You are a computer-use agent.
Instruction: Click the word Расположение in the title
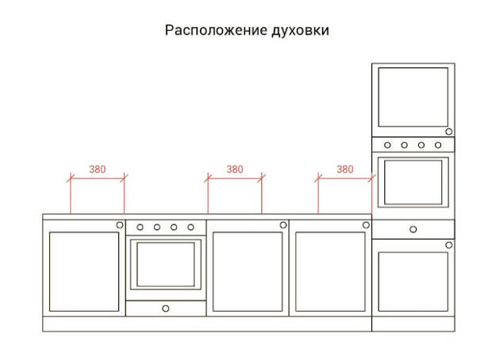click(x=216, y=31)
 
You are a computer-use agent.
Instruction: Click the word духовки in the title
click(x=300, y=31)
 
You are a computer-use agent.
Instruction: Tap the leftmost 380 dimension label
click(x=98, y=170)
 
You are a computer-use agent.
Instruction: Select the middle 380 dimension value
click(x=235, y=170)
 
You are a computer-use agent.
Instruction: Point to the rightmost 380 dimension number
click(x=345, y=170)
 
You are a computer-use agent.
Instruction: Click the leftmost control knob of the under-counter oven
click(x=140, y=227)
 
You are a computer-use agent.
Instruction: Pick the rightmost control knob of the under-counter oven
click(x=190, y=227)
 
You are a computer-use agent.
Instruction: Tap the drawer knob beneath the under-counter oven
click(x=166, y=308)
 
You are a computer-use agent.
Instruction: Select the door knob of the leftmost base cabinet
click(x=120, y=225)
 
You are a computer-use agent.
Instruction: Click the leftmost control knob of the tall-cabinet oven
click(x=387, y=145)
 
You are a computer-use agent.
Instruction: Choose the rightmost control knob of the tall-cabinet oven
click(x=438, y=145)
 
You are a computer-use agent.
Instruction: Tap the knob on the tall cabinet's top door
click(x=449, y=132)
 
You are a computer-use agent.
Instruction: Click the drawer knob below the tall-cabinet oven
click(x=413, y=229)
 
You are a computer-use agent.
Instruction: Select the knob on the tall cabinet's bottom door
click(x=449, y=245)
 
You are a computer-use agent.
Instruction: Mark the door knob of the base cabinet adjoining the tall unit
click(x=366, y=225)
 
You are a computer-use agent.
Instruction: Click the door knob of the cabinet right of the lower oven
click(x=283, y=225)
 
